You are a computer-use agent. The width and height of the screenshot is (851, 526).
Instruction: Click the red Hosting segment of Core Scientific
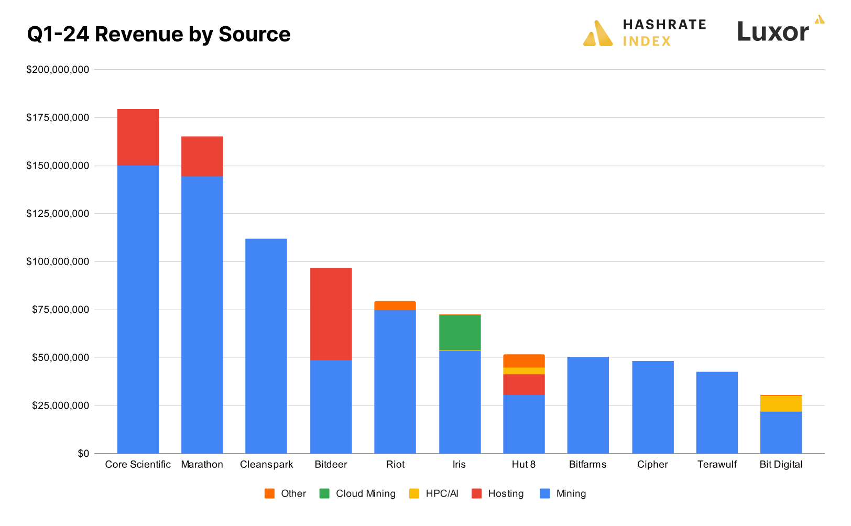click(x=138, y=137)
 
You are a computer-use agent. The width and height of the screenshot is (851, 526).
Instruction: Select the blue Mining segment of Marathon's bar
click(x=202, y=314)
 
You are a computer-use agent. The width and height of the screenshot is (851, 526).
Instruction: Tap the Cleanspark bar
click(x=266, y=346)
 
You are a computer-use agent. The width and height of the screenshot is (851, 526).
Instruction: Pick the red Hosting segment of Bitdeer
click(x=331, y=314)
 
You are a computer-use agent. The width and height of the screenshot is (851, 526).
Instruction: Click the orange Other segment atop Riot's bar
click(x=395, y=305)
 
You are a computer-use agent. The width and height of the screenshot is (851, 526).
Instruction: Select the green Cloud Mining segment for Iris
click(x=460, y=332)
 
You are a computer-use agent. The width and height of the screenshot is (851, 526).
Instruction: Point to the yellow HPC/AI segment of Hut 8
click(x=523, y=371)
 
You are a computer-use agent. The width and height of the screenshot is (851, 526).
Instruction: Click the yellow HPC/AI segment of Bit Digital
click(x=781, y=403)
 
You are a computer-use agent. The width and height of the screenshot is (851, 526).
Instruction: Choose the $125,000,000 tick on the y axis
click(x=58, y=214)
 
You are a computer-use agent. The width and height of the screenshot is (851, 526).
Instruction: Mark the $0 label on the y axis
click(x=83, y=454)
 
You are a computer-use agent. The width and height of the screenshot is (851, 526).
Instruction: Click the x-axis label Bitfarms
click(x=587, y=465)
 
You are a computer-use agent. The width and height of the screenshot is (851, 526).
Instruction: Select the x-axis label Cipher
click(x=652, y=465)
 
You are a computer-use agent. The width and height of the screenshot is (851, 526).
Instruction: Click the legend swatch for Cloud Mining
click(x=324, y=494)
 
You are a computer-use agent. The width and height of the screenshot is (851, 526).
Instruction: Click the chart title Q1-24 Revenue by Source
click(x=158, y=35)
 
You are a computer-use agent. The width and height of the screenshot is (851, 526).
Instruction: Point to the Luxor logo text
click(x=773, y=32)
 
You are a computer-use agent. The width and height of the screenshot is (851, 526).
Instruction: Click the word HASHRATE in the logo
click(x=664, y=25)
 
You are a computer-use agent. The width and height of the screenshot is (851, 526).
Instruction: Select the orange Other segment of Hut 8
click(x=523, y=361)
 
